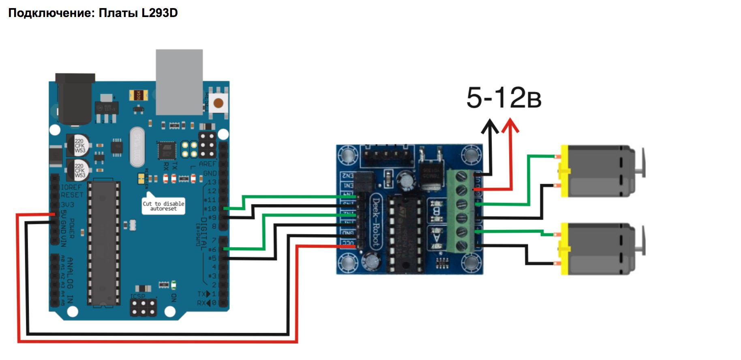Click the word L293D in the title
159,13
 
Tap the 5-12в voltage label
503,98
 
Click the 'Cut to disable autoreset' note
163,206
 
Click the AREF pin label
207,164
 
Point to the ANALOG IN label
70,280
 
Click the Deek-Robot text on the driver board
376,221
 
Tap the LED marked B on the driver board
437,211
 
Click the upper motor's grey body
596,170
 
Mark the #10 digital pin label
210,208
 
